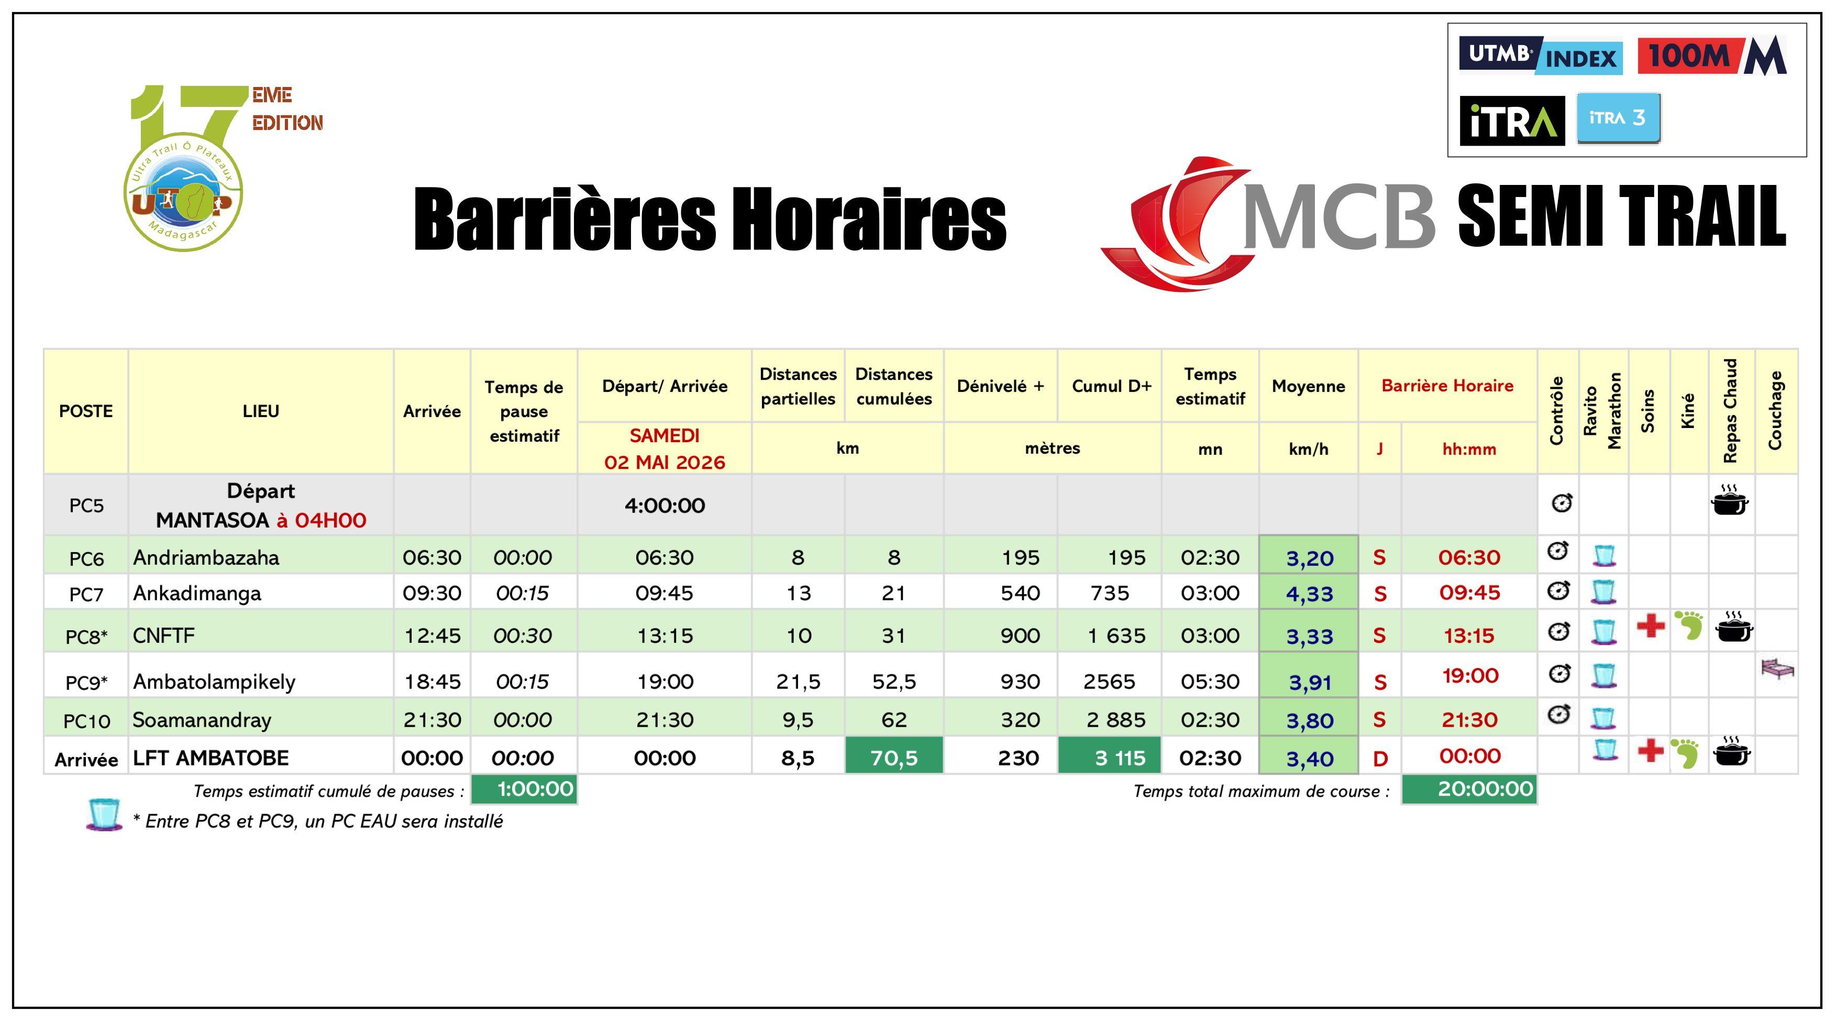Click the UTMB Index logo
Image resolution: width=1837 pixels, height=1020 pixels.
(1540, 55)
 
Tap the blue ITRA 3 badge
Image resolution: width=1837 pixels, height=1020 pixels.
(1618, 118)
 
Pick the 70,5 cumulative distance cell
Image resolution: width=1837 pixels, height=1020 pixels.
(893, 758)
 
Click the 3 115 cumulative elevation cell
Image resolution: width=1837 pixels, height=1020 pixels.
(1110, 758)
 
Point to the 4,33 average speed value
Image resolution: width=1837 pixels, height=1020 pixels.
(1309, 594)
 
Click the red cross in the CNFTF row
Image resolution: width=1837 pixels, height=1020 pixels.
(1650, 626)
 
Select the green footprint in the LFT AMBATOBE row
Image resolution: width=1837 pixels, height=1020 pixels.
(1687, 753)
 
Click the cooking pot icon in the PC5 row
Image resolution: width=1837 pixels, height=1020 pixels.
(1729, 501)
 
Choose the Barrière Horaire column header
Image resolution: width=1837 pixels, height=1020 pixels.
(1447, 386)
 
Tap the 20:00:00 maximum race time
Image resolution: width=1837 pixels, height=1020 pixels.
(1469, 789)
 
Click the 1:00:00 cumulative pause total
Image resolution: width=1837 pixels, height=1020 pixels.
(524, 789)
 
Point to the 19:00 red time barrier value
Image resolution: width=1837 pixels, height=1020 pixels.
(1470, 675)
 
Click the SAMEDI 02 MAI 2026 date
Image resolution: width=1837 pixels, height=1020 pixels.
(664, 448)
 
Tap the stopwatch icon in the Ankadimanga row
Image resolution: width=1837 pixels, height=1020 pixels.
(1559, 590)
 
